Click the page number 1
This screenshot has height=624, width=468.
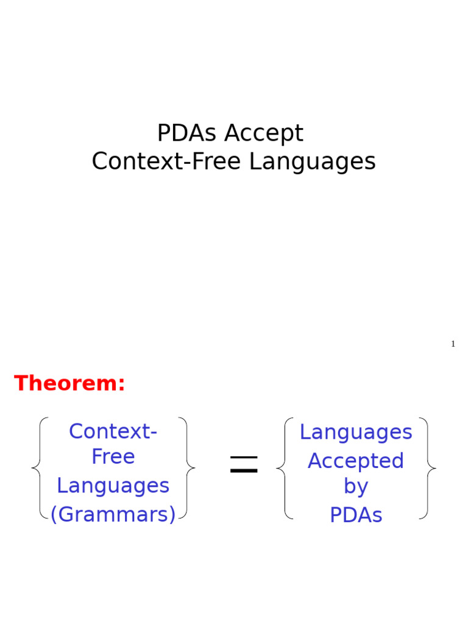tap(453, 344)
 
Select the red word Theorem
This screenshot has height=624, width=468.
tap(66, 383)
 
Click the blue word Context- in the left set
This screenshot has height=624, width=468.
tap(113, 431)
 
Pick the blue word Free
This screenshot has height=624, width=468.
tap(113, 457)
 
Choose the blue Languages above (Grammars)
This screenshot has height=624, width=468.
tap(113, 486)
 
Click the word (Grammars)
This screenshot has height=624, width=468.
tap(113, 515)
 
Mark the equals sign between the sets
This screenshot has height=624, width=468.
tap(244, 466)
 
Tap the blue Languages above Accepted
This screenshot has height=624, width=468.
tap(356, 432)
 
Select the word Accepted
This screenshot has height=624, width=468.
tap(356, 461)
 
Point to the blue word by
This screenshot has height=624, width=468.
tap(356, 486)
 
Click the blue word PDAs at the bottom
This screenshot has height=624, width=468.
tap(356, 516)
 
